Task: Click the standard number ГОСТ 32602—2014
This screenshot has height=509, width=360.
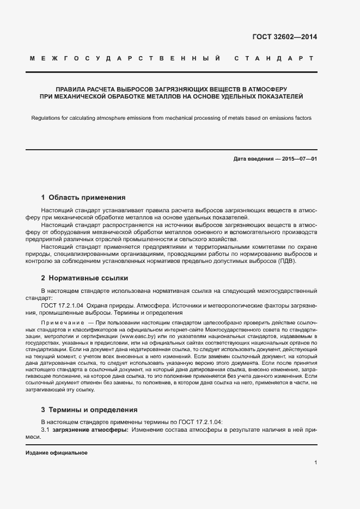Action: click(284, 38)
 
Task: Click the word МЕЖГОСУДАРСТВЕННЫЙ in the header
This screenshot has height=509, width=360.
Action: click(125, 58)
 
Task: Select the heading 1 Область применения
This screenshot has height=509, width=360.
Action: click(83, 198)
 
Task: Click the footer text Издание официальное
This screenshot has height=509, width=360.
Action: click(57, 453)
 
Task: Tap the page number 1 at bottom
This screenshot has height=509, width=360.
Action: click(316, 462)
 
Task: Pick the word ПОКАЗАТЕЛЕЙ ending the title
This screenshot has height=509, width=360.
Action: click(278, 96)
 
